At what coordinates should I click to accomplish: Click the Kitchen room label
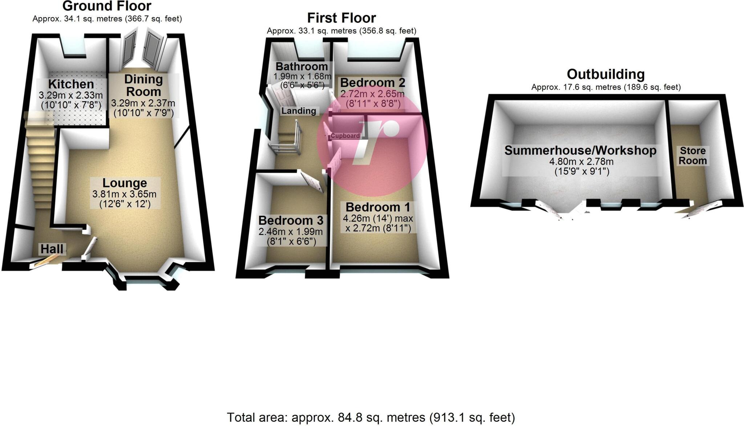[71, 84]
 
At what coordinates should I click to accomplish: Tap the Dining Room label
[143, 85]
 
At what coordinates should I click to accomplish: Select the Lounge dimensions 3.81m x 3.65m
[124, 194]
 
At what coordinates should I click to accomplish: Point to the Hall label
[52, 249]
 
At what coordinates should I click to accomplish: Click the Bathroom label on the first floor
[302, 67]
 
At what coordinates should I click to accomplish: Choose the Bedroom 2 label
[372, 83]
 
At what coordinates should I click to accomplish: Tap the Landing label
[299, 111]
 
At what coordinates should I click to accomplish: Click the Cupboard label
[345, 136]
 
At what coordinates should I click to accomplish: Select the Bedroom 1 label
[378, 207]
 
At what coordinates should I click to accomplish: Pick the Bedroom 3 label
[291, 220]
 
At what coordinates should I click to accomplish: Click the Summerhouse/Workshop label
[580, 151]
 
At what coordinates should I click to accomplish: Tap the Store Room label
[693, 156]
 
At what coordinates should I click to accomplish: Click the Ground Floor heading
[107, 6]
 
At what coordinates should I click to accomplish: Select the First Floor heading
[341, 18]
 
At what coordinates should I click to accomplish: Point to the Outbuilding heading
[606, 74]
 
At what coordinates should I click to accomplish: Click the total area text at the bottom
[371, 417]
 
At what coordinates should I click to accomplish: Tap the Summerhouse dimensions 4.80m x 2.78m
[581, 162]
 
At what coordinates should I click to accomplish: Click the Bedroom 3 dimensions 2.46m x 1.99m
[290, 232]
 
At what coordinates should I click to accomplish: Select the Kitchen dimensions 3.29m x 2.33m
[71, 96]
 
